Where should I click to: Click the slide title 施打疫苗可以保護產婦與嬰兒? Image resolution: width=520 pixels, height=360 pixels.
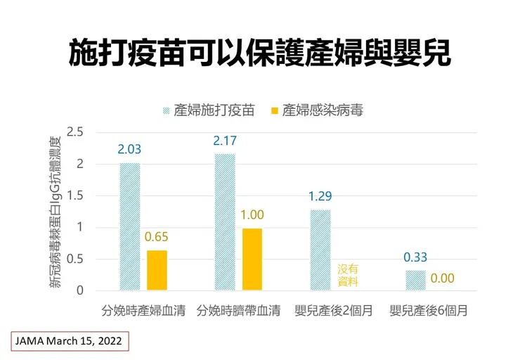point(259,53)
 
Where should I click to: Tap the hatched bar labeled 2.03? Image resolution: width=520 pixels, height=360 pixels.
point(129,226)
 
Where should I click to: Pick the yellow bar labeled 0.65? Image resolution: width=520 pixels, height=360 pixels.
point(157,270)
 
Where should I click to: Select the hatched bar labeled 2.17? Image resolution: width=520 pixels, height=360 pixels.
point(225,221)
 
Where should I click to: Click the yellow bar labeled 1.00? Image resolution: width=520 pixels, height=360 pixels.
point(252,259)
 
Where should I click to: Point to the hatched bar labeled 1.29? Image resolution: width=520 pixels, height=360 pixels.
point(320,250)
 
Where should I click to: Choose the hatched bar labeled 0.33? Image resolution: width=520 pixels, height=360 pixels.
point(416,280)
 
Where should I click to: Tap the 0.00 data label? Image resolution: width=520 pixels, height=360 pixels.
point(443,278)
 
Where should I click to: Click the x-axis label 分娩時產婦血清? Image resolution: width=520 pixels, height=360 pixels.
point(143,310)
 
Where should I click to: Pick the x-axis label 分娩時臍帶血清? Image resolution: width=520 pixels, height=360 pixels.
point(239,310)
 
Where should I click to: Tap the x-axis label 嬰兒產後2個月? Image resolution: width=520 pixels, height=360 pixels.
point(334,310)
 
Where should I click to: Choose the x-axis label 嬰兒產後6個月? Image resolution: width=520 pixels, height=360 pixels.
point(429,310)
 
